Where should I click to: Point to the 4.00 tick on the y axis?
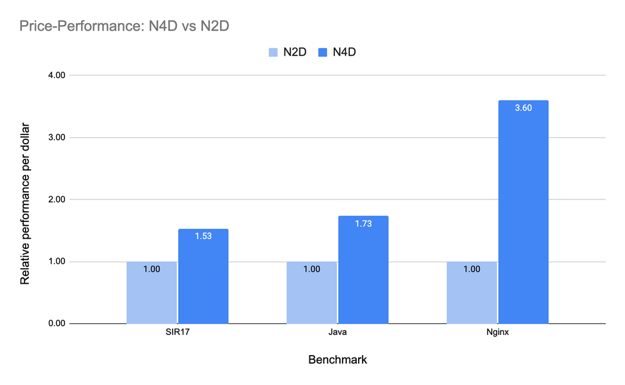(56, 75)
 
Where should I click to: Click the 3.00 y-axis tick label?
(56, 137)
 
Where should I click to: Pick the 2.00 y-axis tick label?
(56, 199)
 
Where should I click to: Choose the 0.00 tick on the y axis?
(56, 324)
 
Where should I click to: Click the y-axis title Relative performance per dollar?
(25, 199)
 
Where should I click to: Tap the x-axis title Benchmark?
(337, 360)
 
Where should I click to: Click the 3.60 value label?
(523, 109)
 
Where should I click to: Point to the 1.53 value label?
(203, 237)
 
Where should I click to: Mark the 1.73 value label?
(363, 224)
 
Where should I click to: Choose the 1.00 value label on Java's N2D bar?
(312, 269)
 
